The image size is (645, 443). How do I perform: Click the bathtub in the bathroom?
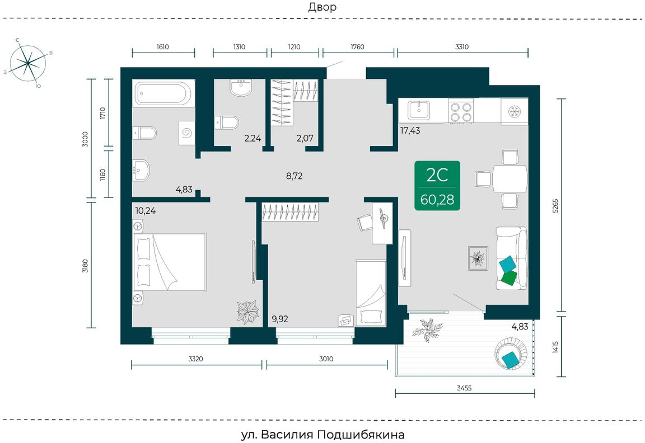[163, 94]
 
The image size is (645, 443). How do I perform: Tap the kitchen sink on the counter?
[419, 111]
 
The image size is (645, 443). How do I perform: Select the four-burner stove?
[461, 112]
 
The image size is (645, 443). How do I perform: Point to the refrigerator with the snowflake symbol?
[514, 111]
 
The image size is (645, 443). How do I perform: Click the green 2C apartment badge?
[437, 185]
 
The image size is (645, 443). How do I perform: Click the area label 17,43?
[410, 131]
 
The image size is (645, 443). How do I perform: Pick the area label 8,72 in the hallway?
[294, 176]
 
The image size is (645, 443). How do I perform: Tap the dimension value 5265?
[555, 205]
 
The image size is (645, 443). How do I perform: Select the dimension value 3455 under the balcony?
[464, 388]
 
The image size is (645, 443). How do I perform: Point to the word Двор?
[322, 7]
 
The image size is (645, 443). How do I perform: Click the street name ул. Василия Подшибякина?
[322, 435]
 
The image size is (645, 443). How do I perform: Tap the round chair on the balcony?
[511, 353]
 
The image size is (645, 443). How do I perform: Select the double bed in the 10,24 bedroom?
[170, 262]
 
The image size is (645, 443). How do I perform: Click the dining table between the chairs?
[510, 178]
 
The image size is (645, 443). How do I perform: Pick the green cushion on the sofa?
[509, 278]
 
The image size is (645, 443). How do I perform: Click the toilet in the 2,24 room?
[227, 122]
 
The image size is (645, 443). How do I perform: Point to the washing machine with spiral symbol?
[187, 133]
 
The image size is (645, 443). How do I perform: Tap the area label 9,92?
[280, 319]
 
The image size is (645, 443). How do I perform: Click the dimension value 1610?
[162, 47]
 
